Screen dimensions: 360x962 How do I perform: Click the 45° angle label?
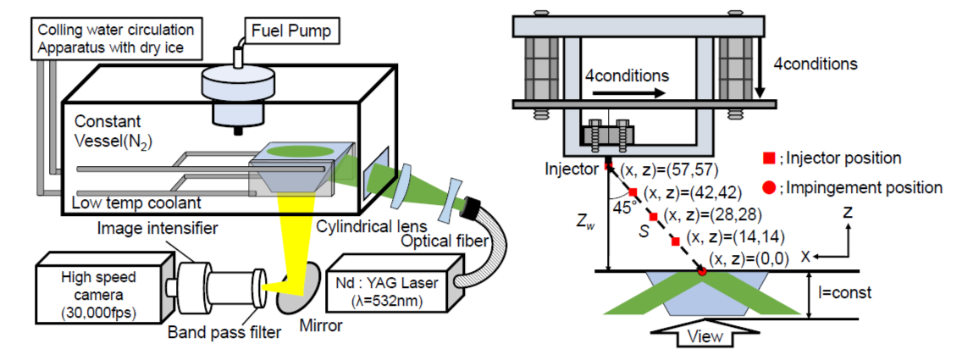pos(622,207)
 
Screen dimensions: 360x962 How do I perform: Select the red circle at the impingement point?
pos(702,271)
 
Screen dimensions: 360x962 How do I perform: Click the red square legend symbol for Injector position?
pos(770,158)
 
